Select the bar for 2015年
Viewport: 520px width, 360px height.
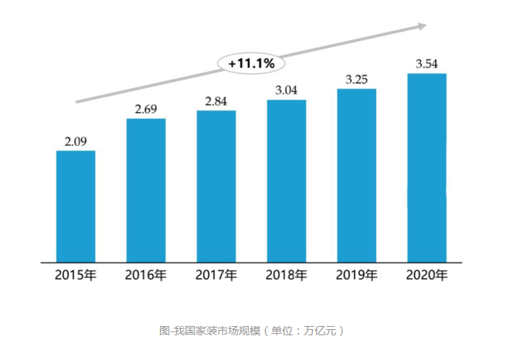[76, 205]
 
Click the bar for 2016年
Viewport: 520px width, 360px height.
[146, 190]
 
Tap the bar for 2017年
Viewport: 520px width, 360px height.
[216, 186]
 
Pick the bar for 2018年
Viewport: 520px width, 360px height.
[287, 181]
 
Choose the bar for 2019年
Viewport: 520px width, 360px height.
[357, 175]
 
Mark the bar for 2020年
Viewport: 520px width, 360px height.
[427, 168]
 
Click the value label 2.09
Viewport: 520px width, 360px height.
[76, 141]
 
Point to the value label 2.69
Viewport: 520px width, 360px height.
[146, 109]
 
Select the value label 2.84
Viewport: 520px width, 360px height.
[216, 101]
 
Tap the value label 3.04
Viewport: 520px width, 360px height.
[287, 90]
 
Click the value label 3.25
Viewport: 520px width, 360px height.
[357, 80]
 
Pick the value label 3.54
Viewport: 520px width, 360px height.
[427, 64]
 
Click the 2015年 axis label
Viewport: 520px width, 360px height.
[76, 275]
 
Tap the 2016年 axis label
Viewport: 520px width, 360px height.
[146, 275]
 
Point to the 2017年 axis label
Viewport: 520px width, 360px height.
[216, 275]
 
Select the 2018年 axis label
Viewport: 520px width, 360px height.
[287, 275]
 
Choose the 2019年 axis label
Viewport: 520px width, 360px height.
[357, 275]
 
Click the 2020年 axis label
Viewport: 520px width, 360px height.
[427, 275]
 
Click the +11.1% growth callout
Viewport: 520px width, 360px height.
[252, 63]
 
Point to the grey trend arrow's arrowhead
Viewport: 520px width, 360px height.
[422, 26]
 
